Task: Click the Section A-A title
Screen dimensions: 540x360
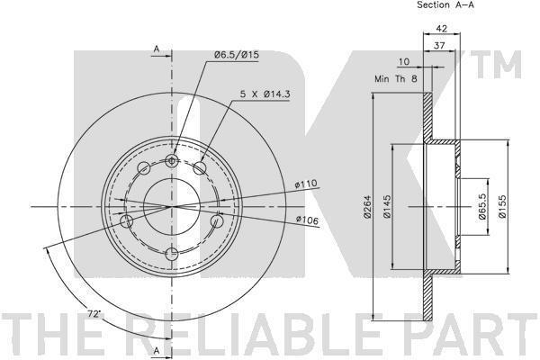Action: click(x=445, y=4)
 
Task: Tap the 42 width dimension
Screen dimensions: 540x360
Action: click(x=441, y=28)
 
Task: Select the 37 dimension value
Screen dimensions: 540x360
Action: click(x=439, y=45)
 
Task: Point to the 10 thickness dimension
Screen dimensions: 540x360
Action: click(x=403, y=62)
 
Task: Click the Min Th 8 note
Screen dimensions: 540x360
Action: click(x=396, y=79)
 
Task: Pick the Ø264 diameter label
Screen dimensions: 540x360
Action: click(x=368, y=207)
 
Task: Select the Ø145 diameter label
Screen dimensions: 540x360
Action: click(x=387, y=207)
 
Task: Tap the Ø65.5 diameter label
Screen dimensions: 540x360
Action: click(x=482, y=206)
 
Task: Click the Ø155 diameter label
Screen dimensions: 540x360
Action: click(x=502, y=206)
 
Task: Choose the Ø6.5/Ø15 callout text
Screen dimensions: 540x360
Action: click(x=236, y=55)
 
